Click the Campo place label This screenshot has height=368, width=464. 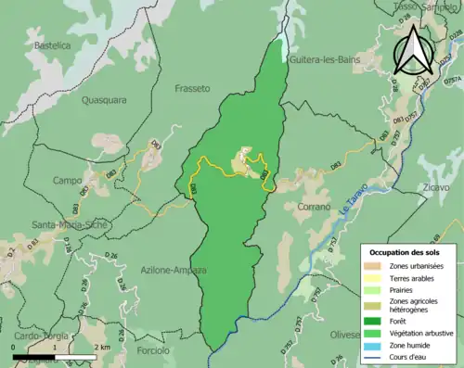click(67, 180)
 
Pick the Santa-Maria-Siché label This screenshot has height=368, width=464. click(70, 224)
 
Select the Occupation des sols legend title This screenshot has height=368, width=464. click(407, 252)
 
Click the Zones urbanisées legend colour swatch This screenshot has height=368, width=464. click(375, 267)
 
